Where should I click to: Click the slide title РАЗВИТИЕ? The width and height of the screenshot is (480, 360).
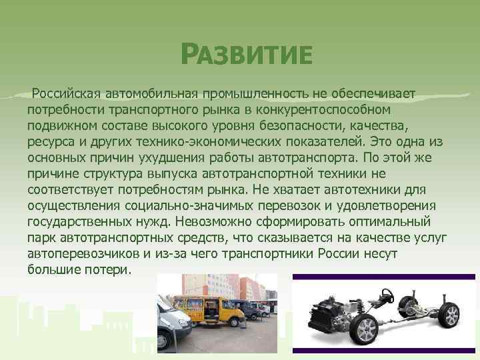(x=246, y=54)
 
